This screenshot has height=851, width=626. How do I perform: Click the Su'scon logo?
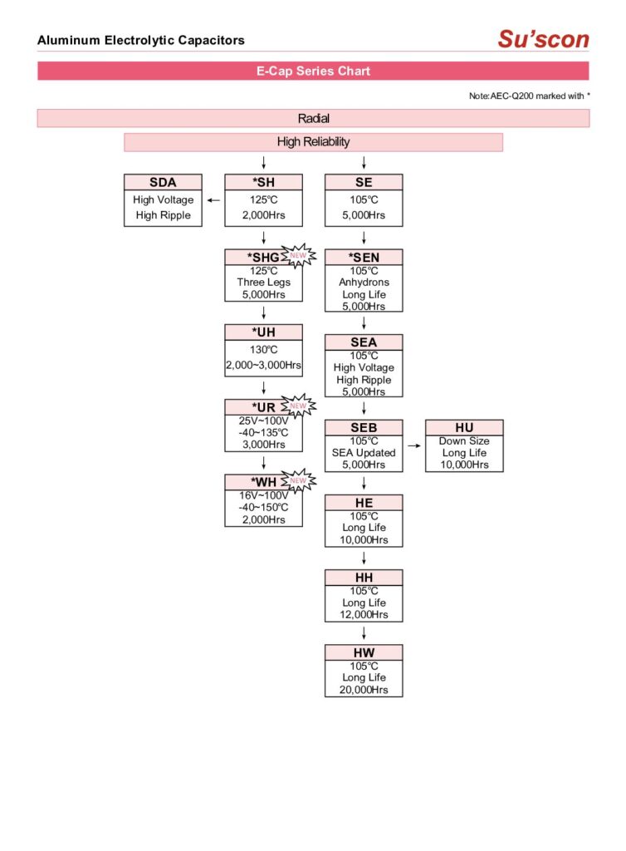click(543, 38)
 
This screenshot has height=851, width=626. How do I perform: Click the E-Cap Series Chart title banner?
click(313, 71)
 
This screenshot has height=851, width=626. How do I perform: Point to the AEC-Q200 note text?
click(529, 96)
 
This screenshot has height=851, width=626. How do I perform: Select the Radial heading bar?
click(313, 119)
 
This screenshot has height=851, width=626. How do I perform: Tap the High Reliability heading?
click(313, 142)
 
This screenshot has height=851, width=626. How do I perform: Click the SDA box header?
click(163, 183)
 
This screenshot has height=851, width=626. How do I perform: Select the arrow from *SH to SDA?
click(213, 199)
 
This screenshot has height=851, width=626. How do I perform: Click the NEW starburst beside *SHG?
click(298, 254)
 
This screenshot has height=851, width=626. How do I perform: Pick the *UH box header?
click(263, 332)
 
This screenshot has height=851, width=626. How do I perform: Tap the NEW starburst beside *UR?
click(298, 405)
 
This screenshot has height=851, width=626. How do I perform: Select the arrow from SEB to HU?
click(413, 446)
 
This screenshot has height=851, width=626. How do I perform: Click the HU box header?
click(464, 427)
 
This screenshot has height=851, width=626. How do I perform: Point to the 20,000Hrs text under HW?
click(364, 690)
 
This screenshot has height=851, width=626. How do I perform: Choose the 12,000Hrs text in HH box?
click(364, 615)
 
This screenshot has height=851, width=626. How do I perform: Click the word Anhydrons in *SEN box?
click(364, 283)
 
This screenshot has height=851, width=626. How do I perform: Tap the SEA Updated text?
click(364, 453)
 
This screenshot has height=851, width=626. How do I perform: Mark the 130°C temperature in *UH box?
click(263, 350)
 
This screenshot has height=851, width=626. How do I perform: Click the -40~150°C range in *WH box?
click(263, 508)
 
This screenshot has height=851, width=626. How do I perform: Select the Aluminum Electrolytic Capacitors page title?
click(141, 40)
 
